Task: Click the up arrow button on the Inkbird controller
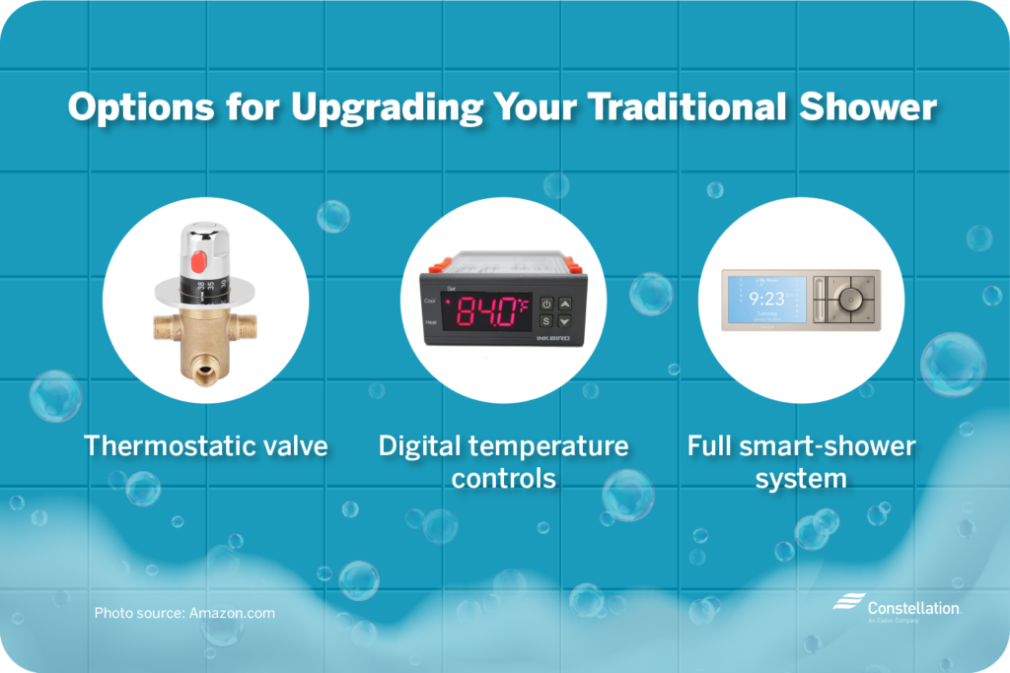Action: click(x=564, y=303)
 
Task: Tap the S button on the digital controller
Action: click(x=545, y=321)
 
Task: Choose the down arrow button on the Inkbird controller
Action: click(x=564, y=321)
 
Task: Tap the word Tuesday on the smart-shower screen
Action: click(x=765, y=311)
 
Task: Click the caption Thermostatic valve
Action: click(x=205, y=445)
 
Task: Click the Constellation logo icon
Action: click(x=847, y=603)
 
